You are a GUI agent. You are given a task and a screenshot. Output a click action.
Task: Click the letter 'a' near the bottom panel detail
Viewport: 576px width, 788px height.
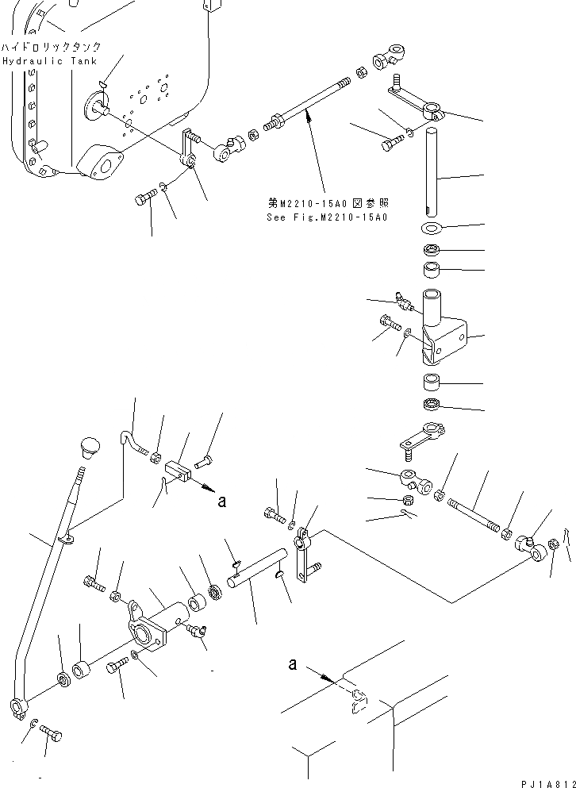293,663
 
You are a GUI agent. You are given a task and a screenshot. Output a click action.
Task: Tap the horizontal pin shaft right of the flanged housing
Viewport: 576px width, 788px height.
255,570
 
